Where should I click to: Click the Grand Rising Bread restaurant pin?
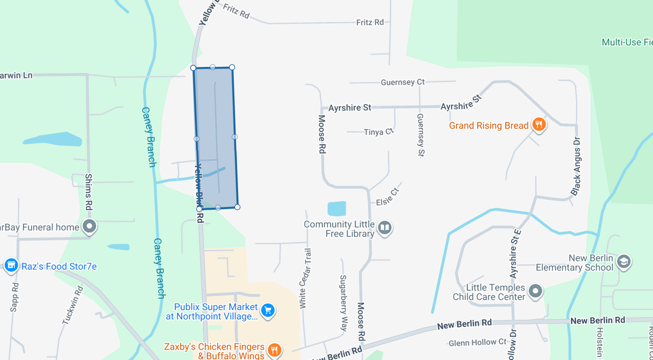(539, 124)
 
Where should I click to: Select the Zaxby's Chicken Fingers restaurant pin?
(274, 350)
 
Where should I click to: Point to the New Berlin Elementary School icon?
(623, 262)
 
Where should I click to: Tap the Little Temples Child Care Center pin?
(535, 291)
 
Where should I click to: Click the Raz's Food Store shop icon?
(11, 265)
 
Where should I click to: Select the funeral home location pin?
(90, 226)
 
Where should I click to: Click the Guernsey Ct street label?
(403, 82)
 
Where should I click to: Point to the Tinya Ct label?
(379, 132)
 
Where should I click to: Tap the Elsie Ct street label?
(387, 197)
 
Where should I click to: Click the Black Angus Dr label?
(576, 166)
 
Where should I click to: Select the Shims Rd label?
(89, 192)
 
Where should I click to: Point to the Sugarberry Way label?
(343, 302)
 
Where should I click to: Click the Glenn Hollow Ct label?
(478, 343)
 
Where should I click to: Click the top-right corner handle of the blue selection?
(232, 67)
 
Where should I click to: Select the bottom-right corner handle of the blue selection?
(237, 207)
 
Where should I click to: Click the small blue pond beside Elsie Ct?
(337, 209)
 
